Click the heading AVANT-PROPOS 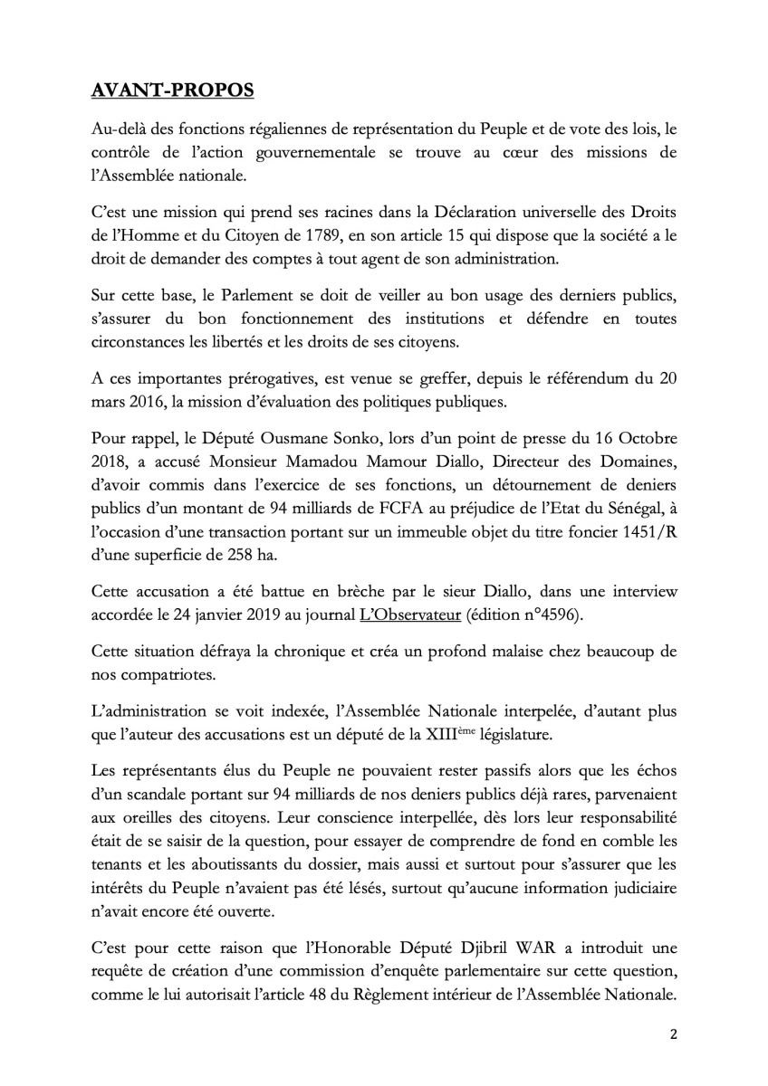tap(174, 91)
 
